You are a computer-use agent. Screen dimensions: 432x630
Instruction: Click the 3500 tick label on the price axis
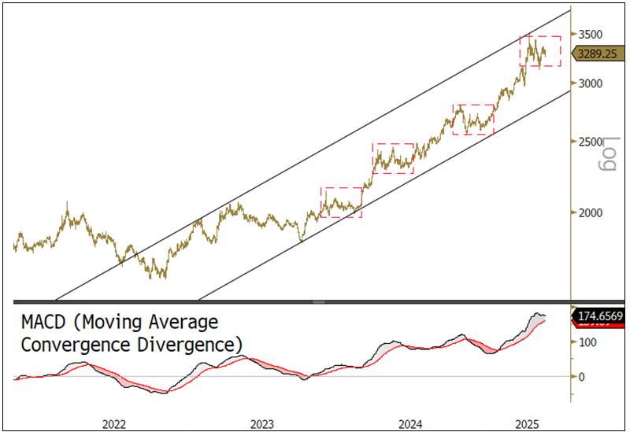[x=590, y=34]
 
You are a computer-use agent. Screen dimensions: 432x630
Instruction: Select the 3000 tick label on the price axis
[x=590, y=83]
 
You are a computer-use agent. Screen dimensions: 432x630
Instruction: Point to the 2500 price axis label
[x=590, y=142]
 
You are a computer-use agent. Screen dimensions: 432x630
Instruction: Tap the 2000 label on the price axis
[x=590, y=212]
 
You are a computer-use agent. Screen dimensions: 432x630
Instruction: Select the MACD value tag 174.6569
[x=600, y=316]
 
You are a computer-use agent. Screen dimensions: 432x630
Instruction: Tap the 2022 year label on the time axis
[x=114, y=423]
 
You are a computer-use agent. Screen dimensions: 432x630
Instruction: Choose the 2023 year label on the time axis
[x=261, y=423]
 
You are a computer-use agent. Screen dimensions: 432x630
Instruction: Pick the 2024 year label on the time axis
[x=409, y=423]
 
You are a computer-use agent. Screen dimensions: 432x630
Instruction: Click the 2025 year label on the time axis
[x=528, y=423]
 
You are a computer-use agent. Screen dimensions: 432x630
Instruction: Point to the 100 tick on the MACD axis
[x=587, y=342]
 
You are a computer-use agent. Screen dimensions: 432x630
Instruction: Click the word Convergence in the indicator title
[x=70, y=345]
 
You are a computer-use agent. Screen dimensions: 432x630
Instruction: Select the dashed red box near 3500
[x=539, y=51]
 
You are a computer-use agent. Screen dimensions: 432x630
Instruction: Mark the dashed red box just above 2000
[x=341, y=202]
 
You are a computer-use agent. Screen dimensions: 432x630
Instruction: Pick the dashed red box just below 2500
[x=393, y=158]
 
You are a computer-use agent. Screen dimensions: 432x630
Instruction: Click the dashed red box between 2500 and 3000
[x=473, y=119]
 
